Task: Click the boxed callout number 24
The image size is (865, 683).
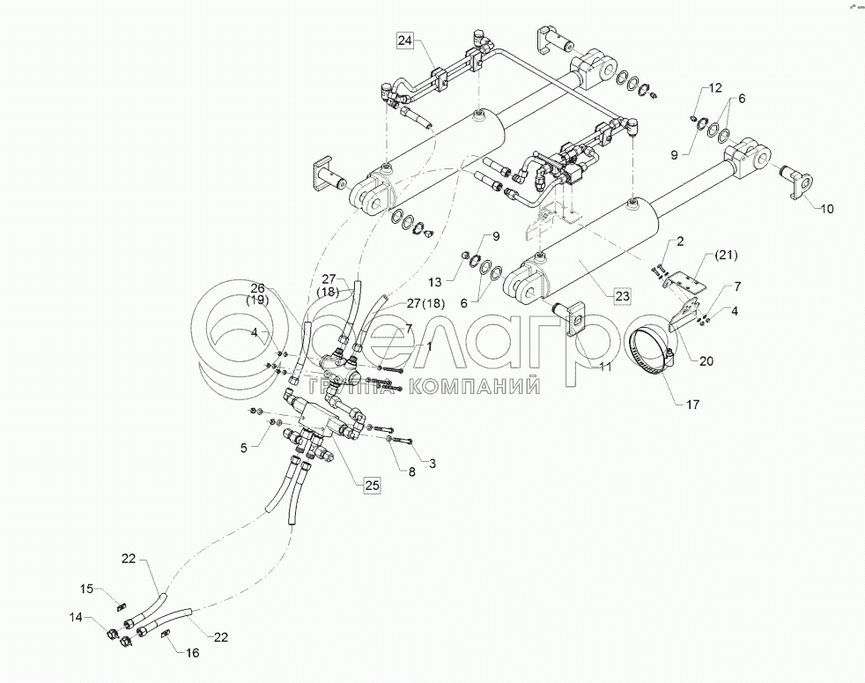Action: (404, 41)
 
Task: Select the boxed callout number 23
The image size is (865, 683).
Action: (623, 296)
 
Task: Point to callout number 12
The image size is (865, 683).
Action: (714, 88)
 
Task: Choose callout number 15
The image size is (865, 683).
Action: (86, 590)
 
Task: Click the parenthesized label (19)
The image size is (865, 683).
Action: (258, 300)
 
